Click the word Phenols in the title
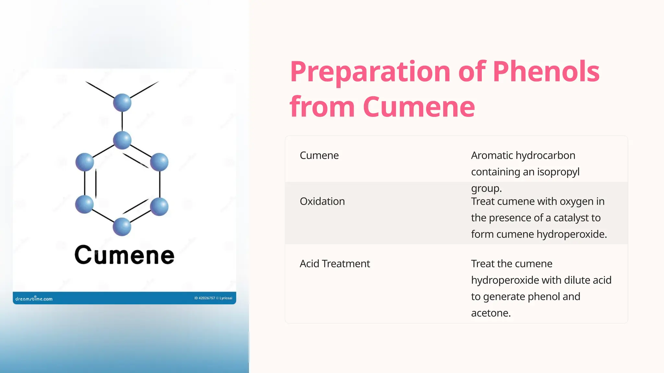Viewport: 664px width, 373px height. (x=546, y=72)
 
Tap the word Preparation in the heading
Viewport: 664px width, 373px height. (x=370, y=72)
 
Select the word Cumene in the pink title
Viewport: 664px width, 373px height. (x=419, y=107)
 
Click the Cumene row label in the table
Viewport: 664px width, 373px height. (x=319, y=155)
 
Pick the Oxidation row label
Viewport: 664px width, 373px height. (x=322, y=201)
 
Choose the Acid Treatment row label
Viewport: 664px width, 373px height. (x=335, y=264)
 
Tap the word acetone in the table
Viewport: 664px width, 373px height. (x=491, y=313)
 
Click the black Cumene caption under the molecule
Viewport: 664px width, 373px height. (x=124, y=255)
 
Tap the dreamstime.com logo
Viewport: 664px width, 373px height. (x=34, y=299)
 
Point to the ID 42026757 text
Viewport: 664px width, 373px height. (x=205, y=298)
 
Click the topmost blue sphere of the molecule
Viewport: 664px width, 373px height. (x=122, y=102)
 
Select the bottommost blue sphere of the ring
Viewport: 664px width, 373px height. (x=122, y=227)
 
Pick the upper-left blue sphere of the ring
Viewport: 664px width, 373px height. (x=85, y=162)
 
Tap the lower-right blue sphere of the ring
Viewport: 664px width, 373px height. (x=159, y=207)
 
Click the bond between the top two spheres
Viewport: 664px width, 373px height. (x=122, y=121)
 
